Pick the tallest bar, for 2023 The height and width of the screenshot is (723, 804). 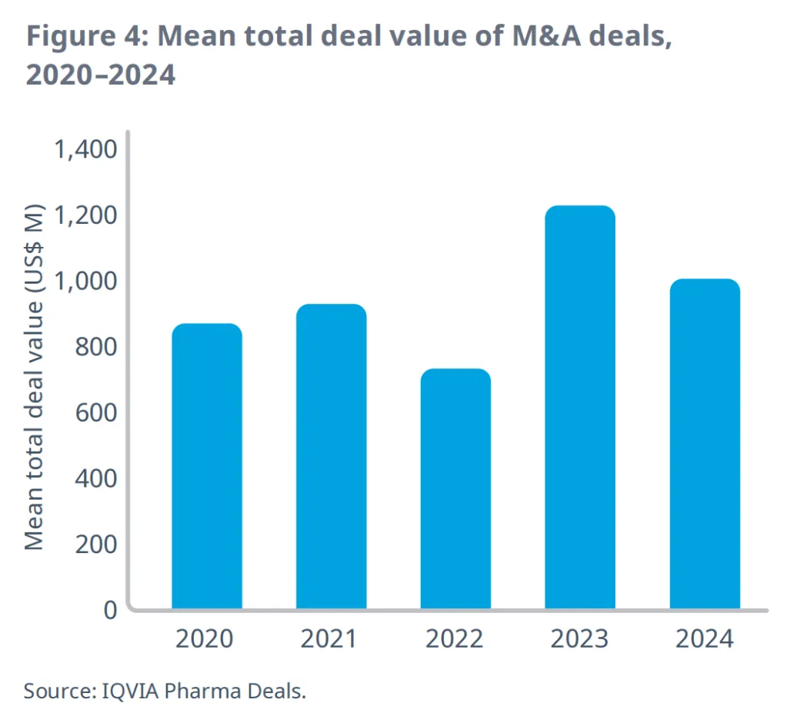(x=580, y=408)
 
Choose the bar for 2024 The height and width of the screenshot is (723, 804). (x=705, y=444)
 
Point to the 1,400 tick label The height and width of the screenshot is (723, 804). (x=85, y=148)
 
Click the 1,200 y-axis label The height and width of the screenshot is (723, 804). (x=85, y=215)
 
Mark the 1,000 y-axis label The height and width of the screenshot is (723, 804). (x=85, y=281)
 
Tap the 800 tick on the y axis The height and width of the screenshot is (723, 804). (x=95, y=346)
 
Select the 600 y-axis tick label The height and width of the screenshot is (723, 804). (x=95, y=412)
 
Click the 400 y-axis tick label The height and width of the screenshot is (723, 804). (x=95, y=478)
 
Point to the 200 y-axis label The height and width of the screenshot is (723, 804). (x=95, y=544)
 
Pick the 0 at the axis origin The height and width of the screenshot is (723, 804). (x=110, y=610)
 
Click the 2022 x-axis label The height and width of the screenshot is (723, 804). (x=455, y=638)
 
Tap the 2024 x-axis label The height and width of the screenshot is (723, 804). (x=705, y=638)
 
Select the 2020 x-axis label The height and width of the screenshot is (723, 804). (x=207, y=638)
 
